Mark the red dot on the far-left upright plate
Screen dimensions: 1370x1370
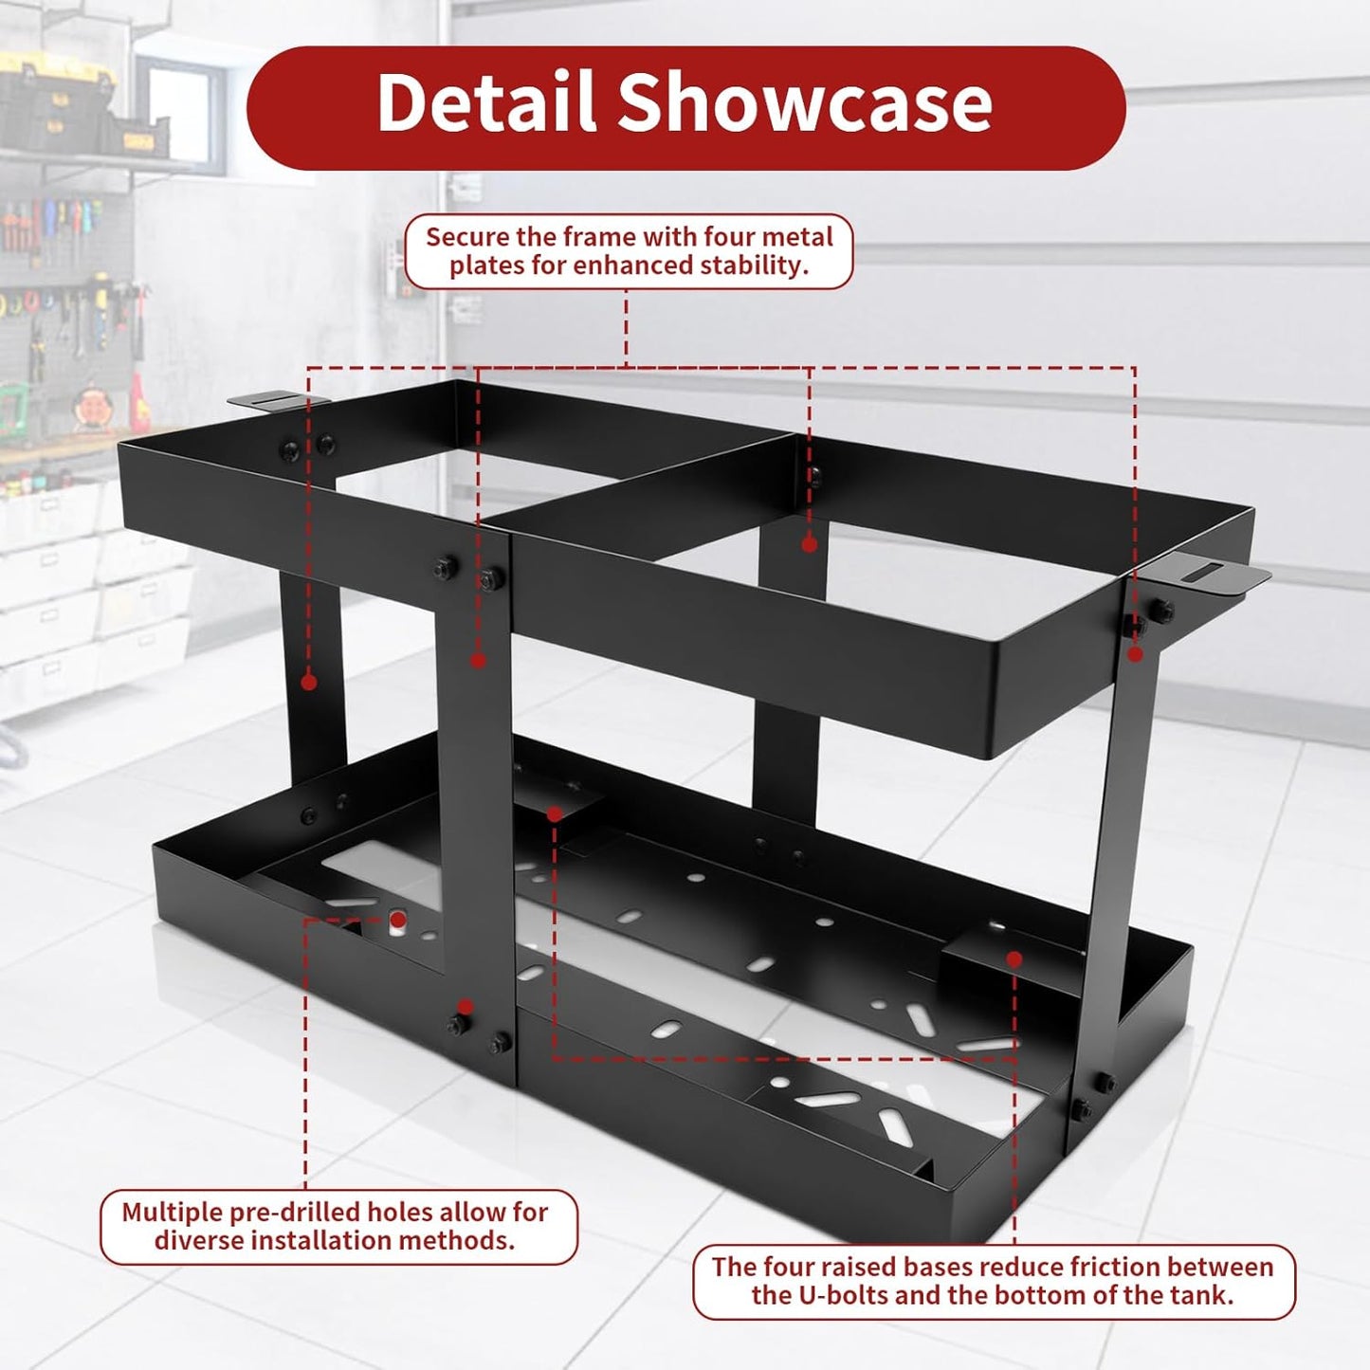point(308,682)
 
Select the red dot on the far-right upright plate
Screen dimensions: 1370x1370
point(1136,653)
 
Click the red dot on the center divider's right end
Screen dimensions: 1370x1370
point(809,544)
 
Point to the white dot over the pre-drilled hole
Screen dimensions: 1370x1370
point(397,921)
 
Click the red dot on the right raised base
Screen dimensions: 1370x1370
point(1014,959)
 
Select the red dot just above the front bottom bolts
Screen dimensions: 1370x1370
point(465,1006)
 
